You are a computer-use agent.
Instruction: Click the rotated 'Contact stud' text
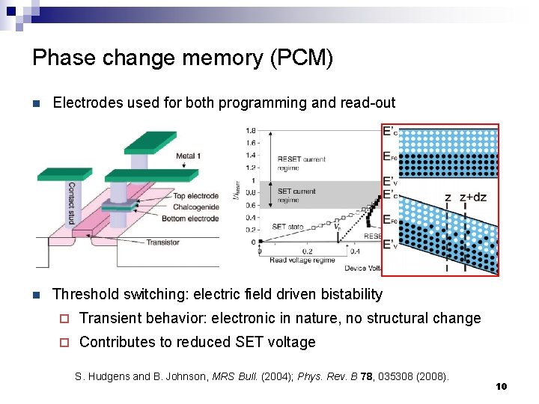tap(72, 202)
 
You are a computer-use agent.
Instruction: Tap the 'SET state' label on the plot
tap(287, 227)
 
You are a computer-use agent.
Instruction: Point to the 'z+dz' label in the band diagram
tap(473, 198)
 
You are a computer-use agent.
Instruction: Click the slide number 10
tap(501, 386)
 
